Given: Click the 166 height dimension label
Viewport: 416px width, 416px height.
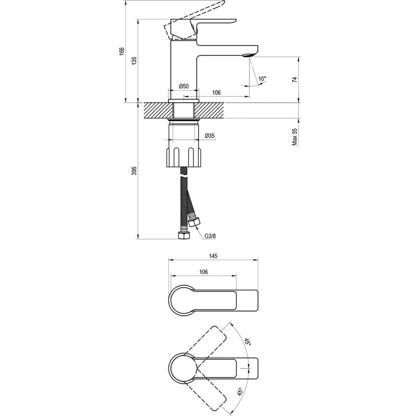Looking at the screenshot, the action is tap(121, 51).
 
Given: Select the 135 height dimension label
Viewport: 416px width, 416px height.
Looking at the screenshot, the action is tap(134, 61).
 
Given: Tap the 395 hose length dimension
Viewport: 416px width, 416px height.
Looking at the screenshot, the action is tap(134, 170).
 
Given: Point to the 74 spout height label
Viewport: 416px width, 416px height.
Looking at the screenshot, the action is tap(295, 79).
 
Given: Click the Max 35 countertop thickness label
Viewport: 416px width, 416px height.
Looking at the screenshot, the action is tap(295, 137).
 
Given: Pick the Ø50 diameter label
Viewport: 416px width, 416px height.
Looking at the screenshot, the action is tap(183, 86).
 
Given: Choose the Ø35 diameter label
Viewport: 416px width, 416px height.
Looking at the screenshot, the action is tap(210, 135).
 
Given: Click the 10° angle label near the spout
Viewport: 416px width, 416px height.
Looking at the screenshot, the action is tap(262, 79).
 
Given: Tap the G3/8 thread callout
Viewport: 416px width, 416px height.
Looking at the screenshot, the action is tap(210, 236).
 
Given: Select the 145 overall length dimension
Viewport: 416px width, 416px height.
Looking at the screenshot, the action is tap(213, 256).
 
